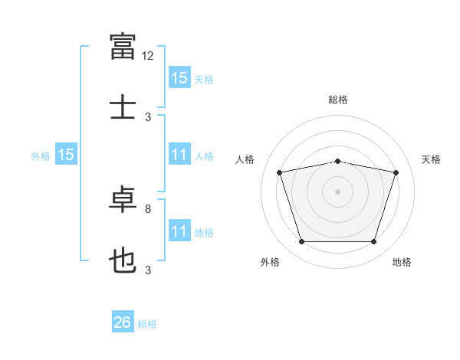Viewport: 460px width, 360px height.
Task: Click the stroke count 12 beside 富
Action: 147,55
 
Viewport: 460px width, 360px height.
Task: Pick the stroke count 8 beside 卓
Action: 148,208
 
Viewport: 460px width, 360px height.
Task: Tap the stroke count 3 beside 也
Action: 148,270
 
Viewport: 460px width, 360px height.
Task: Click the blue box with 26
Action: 123,322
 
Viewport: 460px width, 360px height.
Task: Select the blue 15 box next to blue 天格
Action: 179,78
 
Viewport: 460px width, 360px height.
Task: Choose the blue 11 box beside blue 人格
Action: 179,155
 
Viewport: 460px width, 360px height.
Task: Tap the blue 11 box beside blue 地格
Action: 179,231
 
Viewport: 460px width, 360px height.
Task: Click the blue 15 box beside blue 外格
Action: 66,155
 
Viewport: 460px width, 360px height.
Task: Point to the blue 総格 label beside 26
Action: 147,324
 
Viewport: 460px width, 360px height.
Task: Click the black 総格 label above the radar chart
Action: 338,100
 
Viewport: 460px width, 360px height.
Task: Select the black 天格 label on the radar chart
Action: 432,159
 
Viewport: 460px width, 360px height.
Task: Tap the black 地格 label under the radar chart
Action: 402,262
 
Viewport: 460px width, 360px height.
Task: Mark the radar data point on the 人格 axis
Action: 280,172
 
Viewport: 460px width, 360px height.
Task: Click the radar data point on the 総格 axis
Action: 338,161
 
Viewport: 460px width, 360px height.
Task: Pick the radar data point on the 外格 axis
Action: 302,242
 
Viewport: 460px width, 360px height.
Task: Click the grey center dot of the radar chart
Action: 338,191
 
